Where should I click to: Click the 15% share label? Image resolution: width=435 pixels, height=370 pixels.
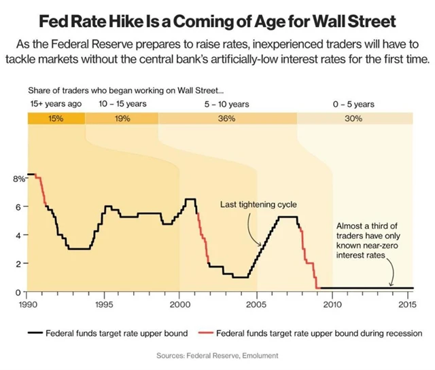(56, 119)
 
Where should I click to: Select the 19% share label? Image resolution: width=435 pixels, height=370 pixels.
(122, 119)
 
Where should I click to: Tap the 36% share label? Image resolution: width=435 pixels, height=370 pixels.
(227, 119)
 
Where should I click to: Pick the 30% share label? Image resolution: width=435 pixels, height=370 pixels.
(353, 119)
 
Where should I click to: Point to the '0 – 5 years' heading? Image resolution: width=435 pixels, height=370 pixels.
(353, 105)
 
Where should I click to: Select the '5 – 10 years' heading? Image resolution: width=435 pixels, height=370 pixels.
(227, 105)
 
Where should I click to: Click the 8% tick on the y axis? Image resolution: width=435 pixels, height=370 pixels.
(18, 179)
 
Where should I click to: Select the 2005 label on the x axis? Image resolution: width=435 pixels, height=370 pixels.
(256, 305)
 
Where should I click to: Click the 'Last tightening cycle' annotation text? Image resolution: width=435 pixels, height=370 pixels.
(258, 204)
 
